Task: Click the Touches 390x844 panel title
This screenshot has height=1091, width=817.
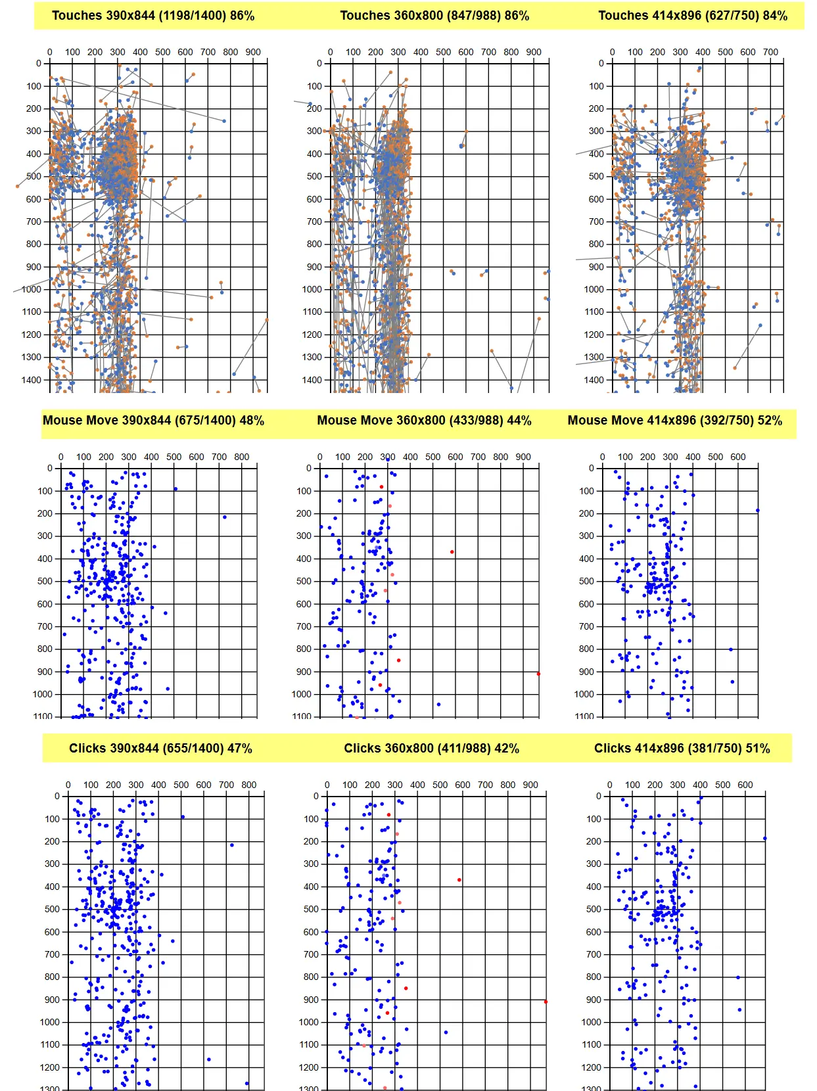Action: [x=153, y=16]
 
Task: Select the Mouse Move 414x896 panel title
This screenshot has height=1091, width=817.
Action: [x=674, y=421]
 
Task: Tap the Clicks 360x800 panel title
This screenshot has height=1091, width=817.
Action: [x=431, y=749]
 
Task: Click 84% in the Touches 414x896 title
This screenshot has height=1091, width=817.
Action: [x=774, y=16]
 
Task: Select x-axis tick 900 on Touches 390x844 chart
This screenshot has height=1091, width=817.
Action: [x=253, y=52]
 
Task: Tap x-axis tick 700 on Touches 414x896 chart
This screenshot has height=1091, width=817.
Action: [x=770, y=52]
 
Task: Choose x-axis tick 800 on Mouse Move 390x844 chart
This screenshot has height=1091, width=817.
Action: [x=242, y=457]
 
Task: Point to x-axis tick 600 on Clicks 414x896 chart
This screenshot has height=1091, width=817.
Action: [x=745, y=785]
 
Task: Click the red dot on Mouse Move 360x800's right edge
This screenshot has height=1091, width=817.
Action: [x=538, y=674]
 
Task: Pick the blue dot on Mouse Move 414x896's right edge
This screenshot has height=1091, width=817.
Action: [x=757, y=511]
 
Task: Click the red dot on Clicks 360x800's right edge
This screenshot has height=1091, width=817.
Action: [x=546, y=1002]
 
